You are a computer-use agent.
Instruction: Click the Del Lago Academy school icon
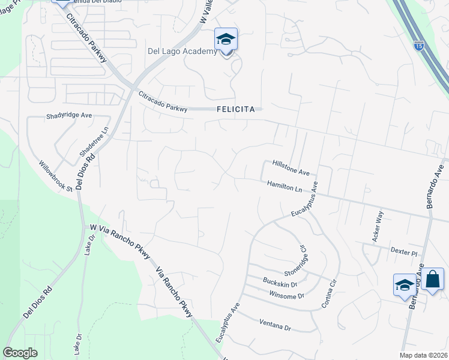226,40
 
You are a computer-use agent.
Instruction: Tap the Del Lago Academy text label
182,52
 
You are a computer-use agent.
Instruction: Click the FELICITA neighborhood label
237,109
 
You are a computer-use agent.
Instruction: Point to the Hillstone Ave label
291,167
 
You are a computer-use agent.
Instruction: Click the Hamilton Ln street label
285,187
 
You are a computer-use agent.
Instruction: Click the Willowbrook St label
55,176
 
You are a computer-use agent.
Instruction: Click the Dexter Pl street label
403,253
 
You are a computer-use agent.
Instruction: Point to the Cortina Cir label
327,292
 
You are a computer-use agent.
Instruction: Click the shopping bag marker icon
432,280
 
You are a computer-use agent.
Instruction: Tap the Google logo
20,353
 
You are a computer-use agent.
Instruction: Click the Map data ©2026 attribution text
423,355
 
